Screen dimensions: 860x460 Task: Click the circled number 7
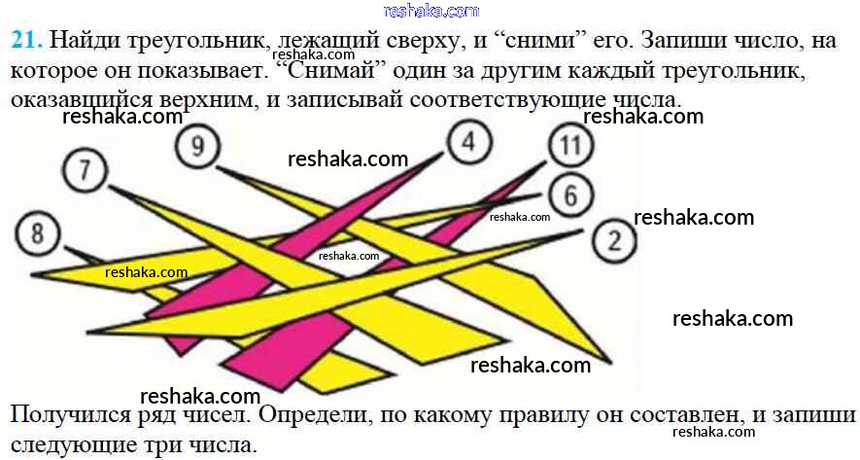click(x=85, y=169)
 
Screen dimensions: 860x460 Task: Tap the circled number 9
click(x=197, y=146)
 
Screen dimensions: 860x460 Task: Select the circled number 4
click(x=468, y=142)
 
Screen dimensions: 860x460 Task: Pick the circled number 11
click(x=571, y=145)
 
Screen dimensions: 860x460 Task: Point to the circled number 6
click(x=571, y=195)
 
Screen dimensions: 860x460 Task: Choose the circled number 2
click(x=615, y=240)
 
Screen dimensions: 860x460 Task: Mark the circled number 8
click(x=37, y=233)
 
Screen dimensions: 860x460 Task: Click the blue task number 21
click(x=26, y=41)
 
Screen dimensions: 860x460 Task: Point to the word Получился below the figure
click(x=72, y=415)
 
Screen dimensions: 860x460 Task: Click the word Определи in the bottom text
click(x=322, y=415)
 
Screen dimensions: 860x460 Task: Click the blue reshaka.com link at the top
click(x=431, y=11)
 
